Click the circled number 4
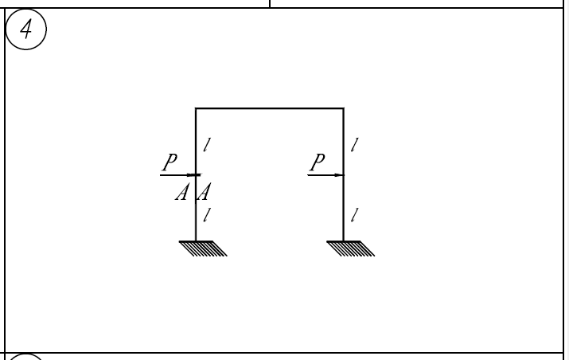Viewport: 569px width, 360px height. (x=26, y=29)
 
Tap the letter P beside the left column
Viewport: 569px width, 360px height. (x=170, y=162)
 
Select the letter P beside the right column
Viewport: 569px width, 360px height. (x=318, y=162)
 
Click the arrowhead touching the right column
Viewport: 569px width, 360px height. (x=339, y=175)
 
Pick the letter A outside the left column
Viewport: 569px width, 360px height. (x=182, y=192)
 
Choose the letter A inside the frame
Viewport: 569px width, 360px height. (x=204, y=192)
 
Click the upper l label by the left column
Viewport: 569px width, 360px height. (x=207, y=145)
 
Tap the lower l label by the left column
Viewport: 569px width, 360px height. (x=207, y=215)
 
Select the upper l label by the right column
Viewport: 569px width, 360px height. (x=355, y=145)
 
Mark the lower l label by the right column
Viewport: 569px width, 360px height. (x=355, y=215)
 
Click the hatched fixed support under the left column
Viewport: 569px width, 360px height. (x=203, y=248)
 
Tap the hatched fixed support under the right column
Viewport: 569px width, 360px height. (x=350, y=248)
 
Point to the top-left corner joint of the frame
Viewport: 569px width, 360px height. (x=196, y=108)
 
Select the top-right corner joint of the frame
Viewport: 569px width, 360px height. (x=344, y=108)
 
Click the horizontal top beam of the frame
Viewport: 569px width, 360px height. (x=270, y=108)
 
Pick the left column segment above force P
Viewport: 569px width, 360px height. (x=196, y=142)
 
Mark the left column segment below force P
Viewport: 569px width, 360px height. (x=196, y=208)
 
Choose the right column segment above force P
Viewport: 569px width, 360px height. (x=344, y=142)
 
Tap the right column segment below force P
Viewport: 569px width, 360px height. (x=344, y=208)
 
